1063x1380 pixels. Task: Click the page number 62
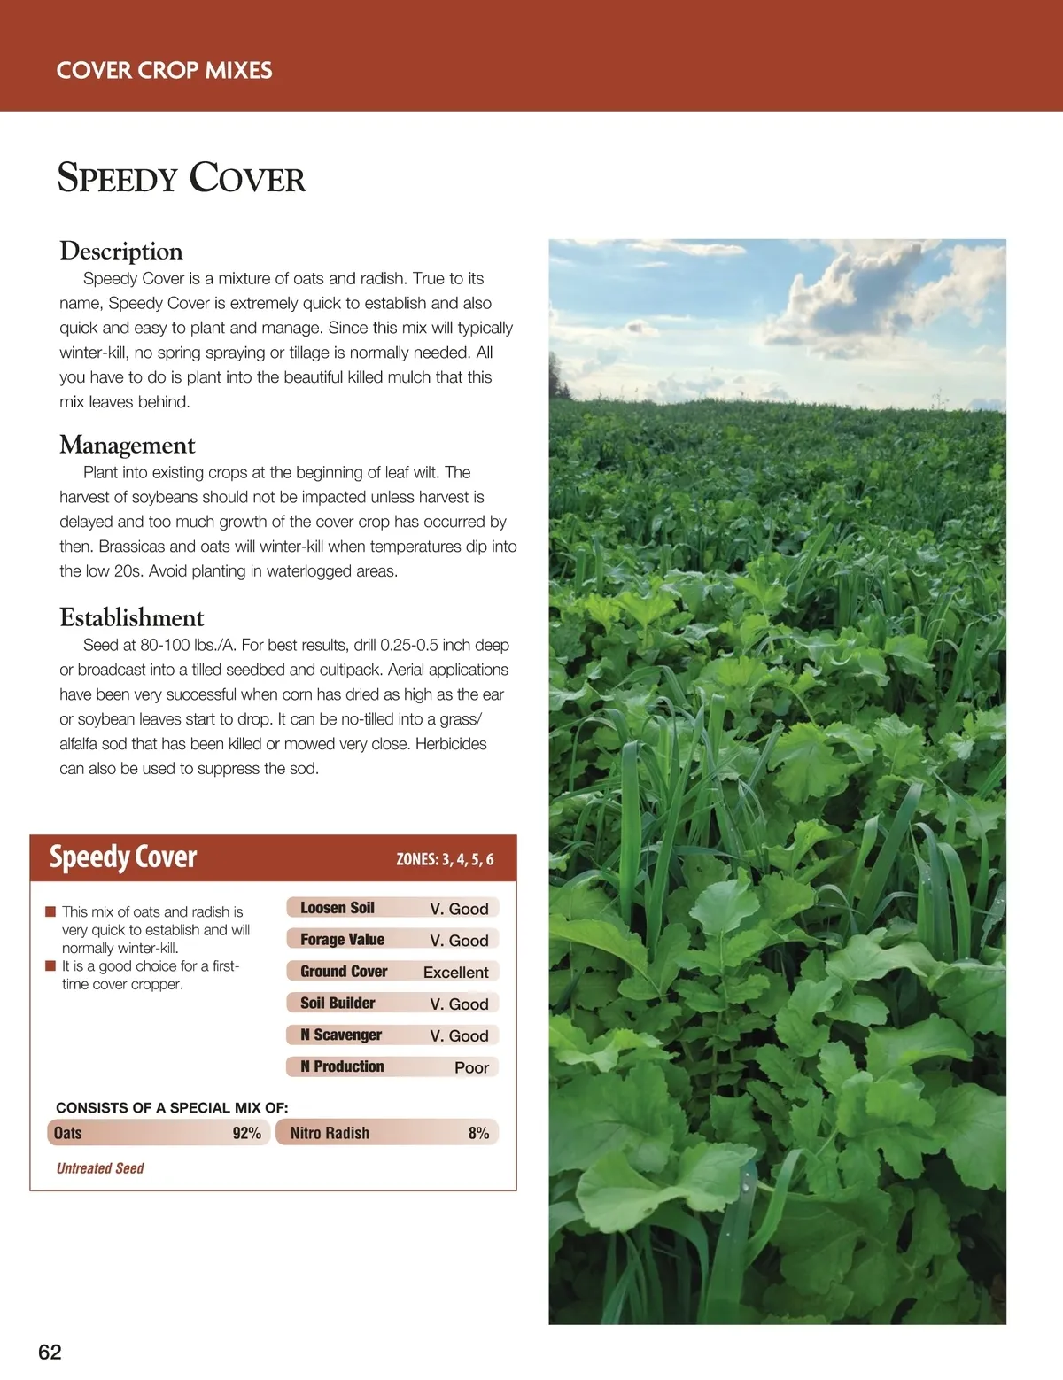pos(50,1352)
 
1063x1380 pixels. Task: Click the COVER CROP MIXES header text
pos(164,71)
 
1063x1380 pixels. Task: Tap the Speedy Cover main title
pos(182,178)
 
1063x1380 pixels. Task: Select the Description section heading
pos(121,252)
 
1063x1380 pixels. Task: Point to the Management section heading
pos(128,445)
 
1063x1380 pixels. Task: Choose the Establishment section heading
pos(132,617)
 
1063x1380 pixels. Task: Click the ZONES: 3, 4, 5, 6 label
pos(445,859)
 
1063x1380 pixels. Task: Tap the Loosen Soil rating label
pos(338,908)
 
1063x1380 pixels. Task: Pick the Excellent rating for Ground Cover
pos(455,972)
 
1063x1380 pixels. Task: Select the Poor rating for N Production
pos(471,1067)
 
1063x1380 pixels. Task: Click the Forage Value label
pos(342,940)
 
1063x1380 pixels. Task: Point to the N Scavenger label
pos(341,1035)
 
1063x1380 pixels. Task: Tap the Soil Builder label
pos(338,1004)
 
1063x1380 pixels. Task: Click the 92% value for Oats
pos(246,1133)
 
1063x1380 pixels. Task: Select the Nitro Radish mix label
pos(330,1133)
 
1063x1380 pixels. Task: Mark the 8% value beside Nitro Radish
pos(478,1133)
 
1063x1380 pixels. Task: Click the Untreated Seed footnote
pos(100,1168)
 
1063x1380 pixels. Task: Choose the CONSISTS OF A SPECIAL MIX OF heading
pos(172,1108)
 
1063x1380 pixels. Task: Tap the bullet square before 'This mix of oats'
pos(50,911)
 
